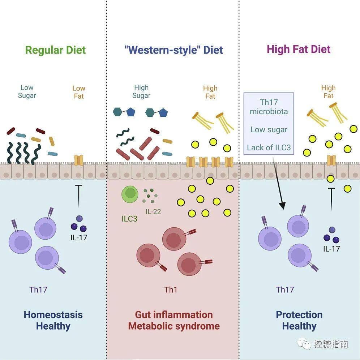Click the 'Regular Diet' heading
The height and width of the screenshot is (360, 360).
pyautogui.click(x=55, y=50)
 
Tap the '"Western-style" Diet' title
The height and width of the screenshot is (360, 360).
pyautogui.click(x=173, y=50)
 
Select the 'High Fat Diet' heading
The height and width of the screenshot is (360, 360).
pyautogui.click(x=299, y=49)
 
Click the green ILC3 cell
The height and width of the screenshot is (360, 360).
pyautogui.click(x=130, y=194)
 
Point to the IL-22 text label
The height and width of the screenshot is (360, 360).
pyautogui.click(x=153, y=211)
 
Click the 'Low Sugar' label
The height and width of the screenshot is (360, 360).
pyautogui.click(x=27, y=91)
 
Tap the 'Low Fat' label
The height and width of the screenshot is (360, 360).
pyautogui.click(x=79, y=92)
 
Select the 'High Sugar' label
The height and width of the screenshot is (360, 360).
pyautogui.click(x=141, y=91)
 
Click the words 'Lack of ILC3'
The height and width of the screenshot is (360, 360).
pyautogui.click(x=269, y=147)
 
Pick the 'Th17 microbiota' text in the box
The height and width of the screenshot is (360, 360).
pyautogui.click(x=269, y=107)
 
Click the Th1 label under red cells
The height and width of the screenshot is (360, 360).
pyautogui.click(x=171, y=290)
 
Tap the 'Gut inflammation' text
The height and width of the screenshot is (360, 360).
pyautogui.click(x=174, y=315)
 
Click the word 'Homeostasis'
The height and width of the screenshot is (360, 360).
pyautogui.click(x=53, y=315)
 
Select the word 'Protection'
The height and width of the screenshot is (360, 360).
pyautogui.click(x=299, y=315)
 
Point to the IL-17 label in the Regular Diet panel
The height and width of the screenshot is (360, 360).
pyautogui.click(x=79, y=237)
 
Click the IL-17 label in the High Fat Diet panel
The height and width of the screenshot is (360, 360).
pyautogui.click(x=331, y=249)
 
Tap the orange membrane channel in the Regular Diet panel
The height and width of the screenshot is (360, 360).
pyautogui.click(x=78, y=160)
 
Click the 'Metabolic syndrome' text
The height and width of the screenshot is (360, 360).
pyautogui.click(x=174, y=326)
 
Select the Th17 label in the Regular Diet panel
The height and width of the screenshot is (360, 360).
pyautogui.click(x=38, y=290)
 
